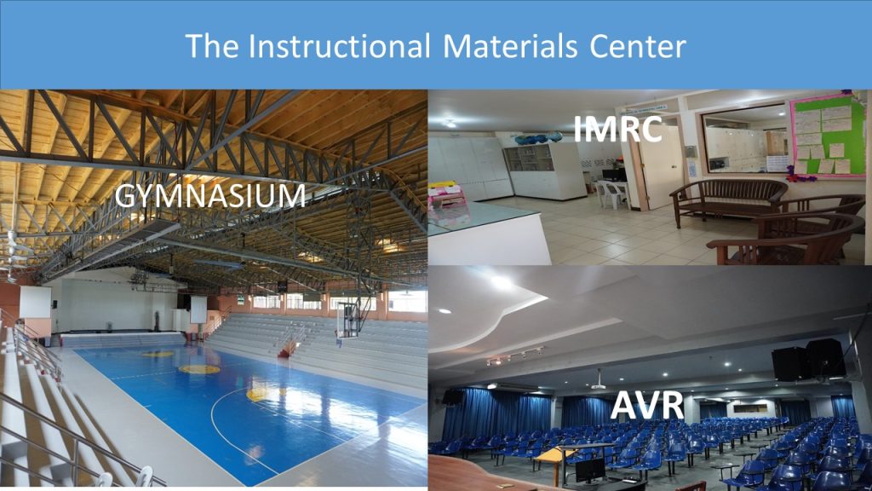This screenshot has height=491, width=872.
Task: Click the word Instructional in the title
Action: click(x=339, y=46)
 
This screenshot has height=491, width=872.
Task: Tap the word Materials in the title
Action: click(x=511, y=46)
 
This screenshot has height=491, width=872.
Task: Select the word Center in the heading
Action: click(x=637, y=46)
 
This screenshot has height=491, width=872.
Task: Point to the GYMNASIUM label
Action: click(x=210, y=196)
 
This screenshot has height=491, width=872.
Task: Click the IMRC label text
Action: click(x=617, y=129)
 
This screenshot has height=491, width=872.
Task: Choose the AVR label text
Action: click(x=647, y=405)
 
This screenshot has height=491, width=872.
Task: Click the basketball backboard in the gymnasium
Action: click(x=347, y=321)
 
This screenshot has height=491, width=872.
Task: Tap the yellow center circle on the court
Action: click(x=199, y=369)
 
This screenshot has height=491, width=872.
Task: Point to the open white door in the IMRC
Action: click(x=661, y=167)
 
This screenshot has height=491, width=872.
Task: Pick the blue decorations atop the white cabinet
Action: click(x=536, y=138)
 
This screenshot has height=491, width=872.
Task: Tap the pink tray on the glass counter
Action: click(x=446, y=195)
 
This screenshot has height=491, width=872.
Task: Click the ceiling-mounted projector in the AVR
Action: click(x=599, y=384)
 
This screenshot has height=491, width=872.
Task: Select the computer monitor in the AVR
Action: click(x=590, y=471)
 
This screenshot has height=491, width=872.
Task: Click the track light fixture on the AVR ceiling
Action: click(x=514, y=356)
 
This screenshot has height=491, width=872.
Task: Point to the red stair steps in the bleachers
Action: click(x=288, y=349)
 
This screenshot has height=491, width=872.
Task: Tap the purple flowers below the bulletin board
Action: click(x=800, y=177)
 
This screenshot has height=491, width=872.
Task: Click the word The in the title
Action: click(x=211, y=46)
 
